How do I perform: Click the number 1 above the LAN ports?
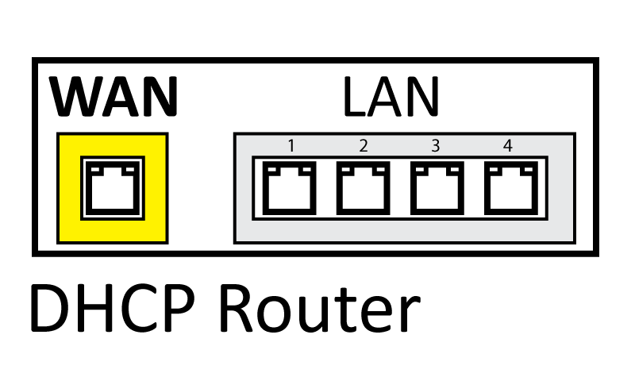291,146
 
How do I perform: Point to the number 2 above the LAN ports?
364,146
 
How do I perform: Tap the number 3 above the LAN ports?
436,146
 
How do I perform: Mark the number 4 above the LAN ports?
508,146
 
